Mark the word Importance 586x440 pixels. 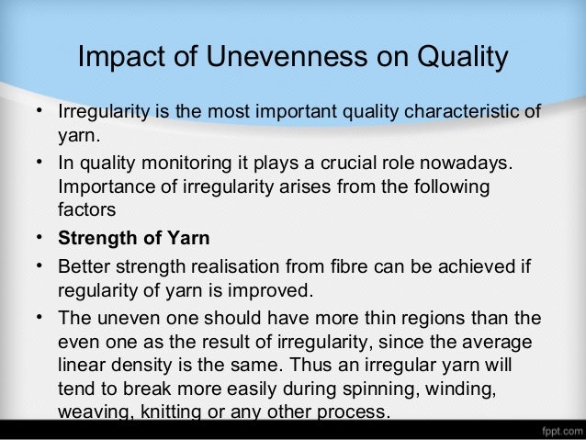point(103,187)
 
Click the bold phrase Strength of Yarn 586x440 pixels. point(134,239)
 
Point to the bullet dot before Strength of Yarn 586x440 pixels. point(41,239)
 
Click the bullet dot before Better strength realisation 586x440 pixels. point(41,267)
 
